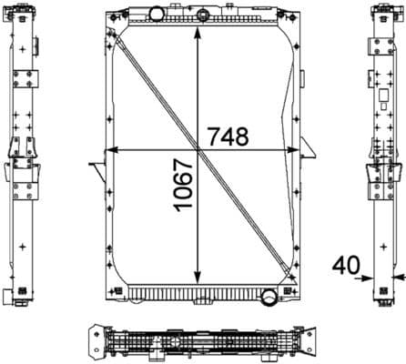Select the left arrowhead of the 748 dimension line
(111, 149)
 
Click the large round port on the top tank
(157, 13)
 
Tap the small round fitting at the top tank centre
(201, 13)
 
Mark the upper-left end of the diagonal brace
(112, 33)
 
